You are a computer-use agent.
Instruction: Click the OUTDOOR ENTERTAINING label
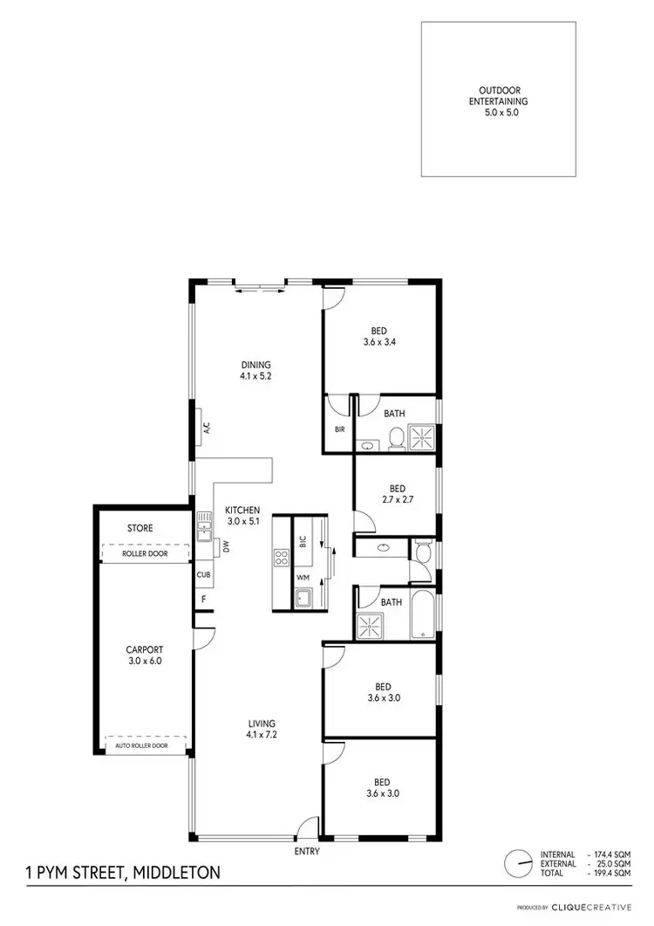click(x=499, y=101)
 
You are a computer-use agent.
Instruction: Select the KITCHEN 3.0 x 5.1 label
click(x=243, y=516)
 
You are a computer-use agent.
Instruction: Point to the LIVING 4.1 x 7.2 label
click(x=262, y=729)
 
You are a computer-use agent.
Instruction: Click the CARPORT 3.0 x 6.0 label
click(x=144, y=655)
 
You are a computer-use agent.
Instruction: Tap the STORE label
click(x=140, y=528)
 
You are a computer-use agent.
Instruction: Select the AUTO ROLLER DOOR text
click(x=146, y=746)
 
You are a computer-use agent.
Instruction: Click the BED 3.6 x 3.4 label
click(x=378, y=336)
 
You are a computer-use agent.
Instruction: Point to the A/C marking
click(x=208, y=429)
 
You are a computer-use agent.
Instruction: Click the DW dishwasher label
click(x=225, y=547)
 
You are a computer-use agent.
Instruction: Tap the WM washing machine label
click(x=303, y=578)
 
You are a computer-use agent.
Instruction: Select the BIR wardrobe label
click(x=340, y=429)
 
